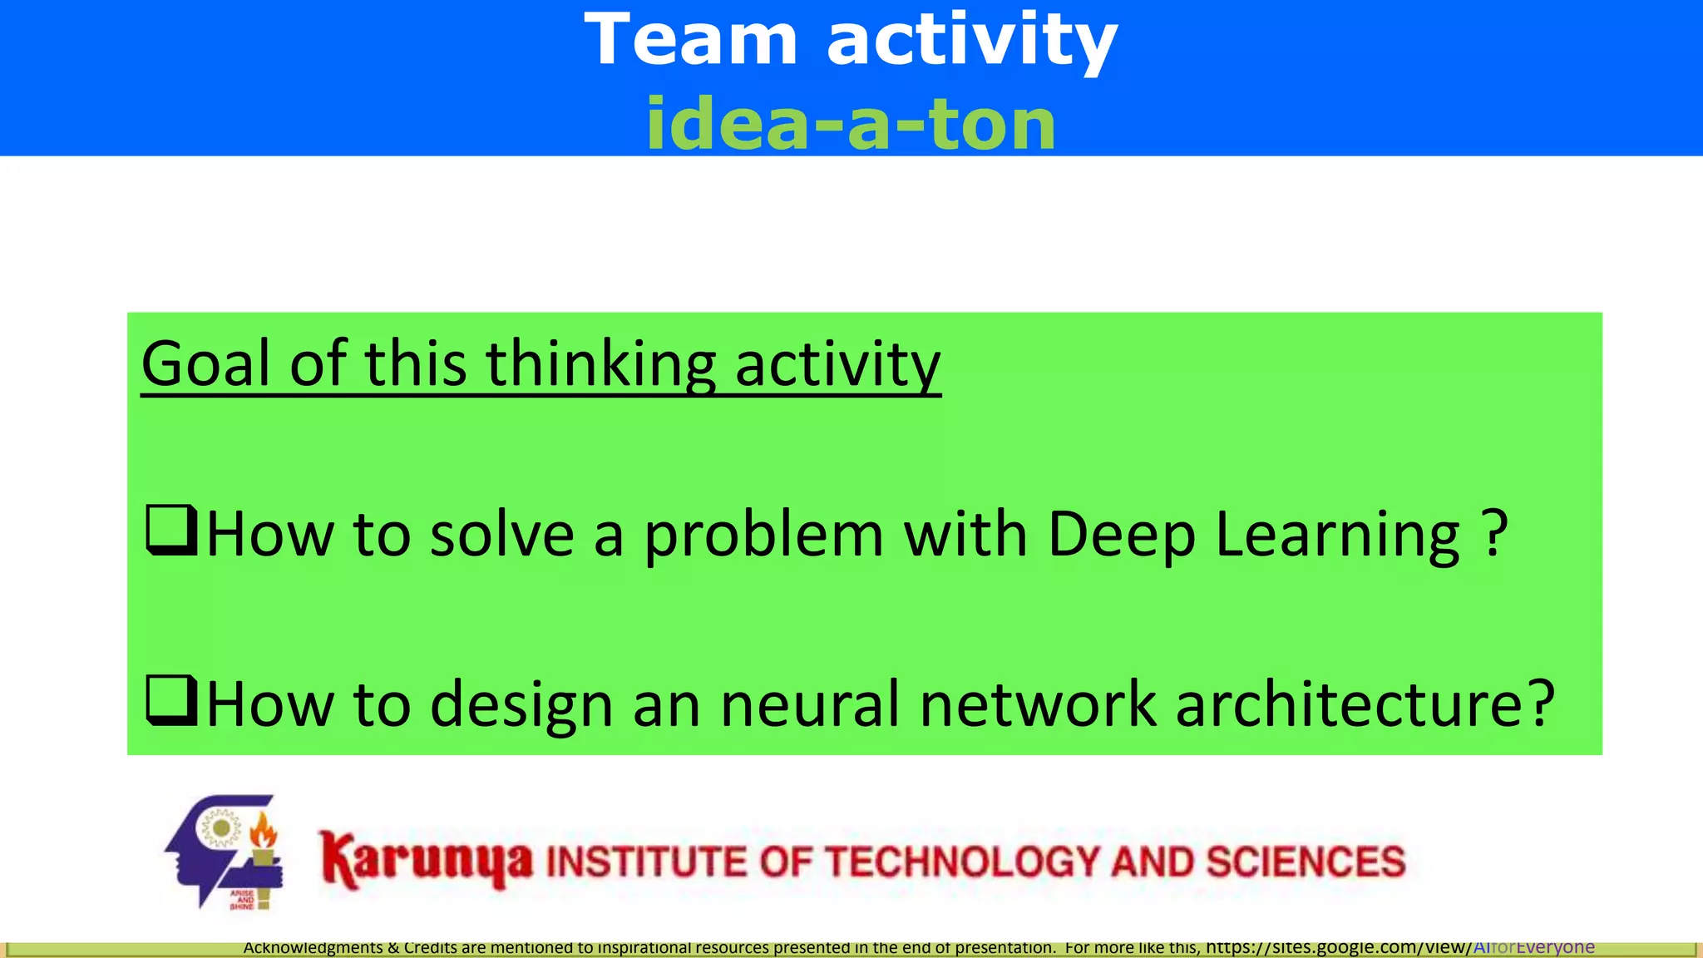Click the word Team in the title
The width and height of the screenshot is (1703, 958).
click(691, 39)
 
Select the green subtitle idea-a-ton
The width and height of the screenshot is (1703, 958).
click(851, 124)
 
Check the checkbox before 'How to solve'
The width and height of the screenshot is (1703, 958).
click(171, 530)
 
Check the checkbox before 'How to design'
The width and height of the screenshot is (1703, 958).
click(171, 700)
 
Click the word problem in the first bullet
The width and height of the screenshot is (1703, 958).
click(763, 534)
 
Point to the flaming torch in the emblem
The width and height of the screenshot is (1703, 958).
click(264, 840)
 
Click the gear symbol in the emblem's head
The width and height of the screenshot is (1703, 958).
click(221, 829)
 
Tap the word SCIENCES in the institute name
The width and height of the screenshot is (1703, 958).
click(1306, 862)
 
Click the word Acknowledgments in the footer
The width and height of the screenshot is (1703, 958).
click(313, 947)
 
